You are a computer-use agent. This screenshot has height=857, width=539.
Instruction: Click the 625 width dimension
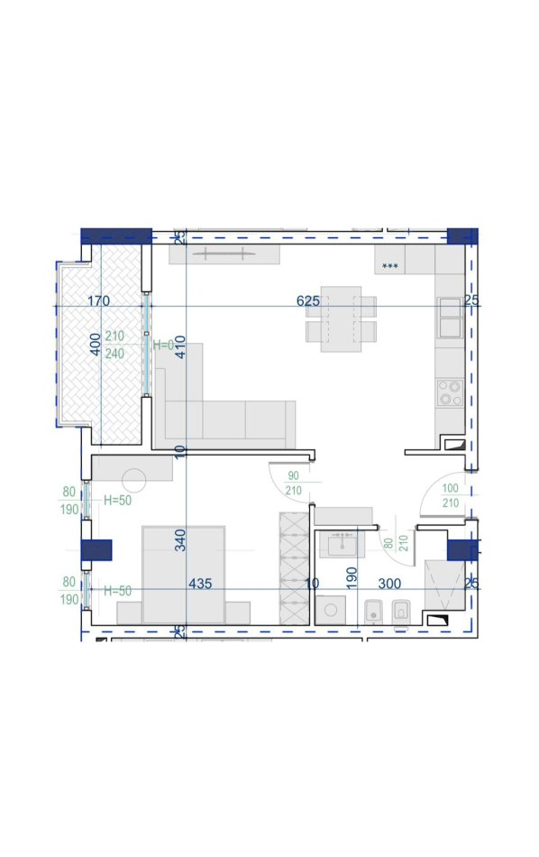307,300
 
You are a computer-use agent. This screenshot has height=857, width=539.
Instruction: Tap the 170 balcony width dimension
98,300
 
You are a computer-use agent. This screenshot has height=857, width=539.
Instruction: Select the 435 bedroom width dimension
200,584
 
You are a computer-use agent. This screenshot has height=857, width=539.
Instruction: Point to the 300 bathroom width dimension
389,584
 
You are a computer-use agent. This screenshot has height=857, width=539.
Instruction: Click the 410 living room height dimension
181,346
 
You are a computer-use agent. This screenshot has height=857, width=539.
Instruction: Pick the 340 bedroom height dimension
181,539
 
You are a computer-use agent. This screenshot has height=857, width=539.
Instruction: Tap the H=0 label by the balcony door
163,345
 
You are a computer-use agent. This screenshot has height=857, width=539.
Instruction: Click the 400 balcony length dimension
96,345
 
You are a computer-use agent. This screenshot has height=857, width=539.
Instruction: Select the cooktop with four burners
450,392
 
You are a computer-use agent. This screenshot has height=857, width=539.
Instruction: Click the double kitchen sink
451,318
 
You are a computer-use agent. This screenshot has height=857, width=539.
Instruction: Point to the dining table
341,318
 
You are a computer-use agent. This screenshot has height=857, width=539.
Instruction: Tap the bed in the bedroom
184,575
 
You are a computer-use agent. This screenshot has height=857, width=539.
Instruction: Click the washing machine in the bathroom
331,610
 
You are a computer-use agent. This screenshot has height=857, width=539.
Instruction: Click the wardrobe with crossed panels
294,568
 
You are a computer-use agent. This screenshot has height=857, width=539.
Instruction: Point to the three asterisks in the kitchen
390,267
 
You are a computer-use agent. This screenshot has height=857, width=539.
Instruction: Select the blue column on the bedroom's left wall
96,550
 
